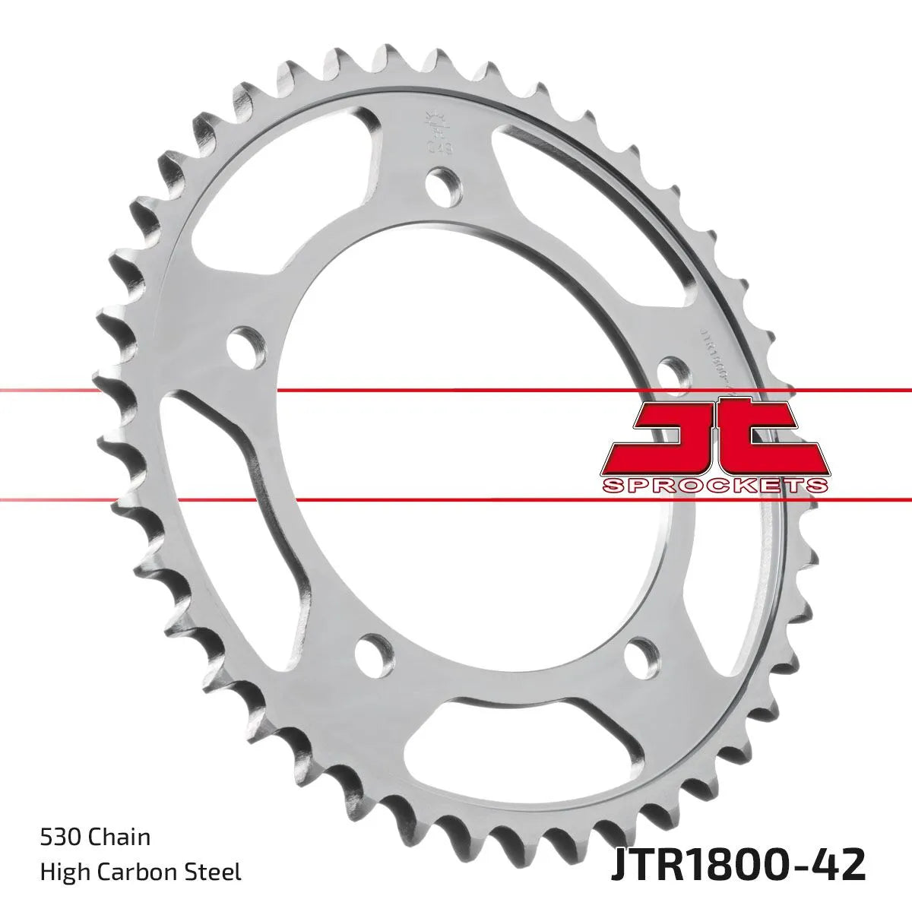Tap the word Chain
pyautogui.click(x=119, y=838)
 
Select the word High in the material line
pyautogui.click(x=62, y=871)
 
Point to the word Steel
pyautogui.click(x=217, y=871)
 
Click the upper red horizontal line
pyautogui.click(x=456, y=391)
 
